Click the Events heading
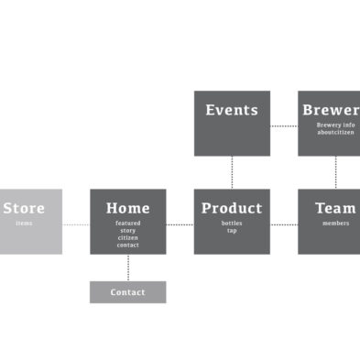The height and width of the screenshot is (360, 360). pyautogui.click(x=232, y=110)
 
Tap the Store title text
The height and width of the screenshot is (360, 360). pyautogui.click(x=24, y=208)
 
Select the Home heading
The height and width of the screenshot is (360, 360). pyautogui.click(x=128, y=208)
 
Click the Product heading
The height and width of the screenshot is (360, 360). pyautogui.click(x=232, y=208)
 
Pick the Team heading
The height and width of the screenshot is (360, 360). pyautogui.click(x=335, y=208)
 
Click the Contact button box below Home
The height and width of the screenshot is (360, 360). pyautogui.click(x=128, y=292)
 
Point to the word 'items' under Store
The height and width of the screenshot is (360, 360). pyautogui.click(x=24, y=224)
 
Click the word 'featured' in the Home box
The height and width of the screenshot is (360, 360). pyautogui.click(x=128, y=224)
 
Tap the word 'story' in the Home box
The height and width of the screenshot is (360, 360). pyautogui.click(x=128, y=231)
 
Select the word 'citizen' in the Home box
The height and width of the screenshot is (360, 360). pyautogui.click(x=128, y=238)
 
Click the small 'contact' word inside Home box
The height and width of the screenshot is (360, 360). pyautogui.click(x=128, y=245)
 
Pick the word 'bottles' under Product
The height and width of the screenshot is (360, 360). pyautogui.click(x=232, y=224)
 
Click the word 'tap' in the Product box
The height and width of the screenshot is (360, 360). pyautogui.click(x=232, y=231)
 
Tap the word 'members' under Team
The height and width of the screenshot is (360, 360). pyautogui.click(x=335, y=224)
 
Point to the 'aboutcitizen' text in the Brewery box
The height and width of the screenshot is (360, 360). pyautogui.click(x=335, y=133)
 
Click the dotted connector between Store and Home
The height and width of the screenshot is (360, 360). pyautogui.click(x=76, y=224)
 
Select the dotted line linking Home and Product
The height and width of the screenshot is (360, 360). pyautogui.click(x=180, y=224)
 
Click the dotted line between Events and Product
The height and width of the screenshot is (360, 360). pyautogui.click(x=232, y=172)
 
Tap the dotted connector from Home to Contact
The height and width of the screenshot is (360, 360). pyautogui.click(x=128, y=267)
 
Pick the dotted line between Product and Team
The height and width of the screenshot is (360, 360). pyautogui.click(x=284, y=224)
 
